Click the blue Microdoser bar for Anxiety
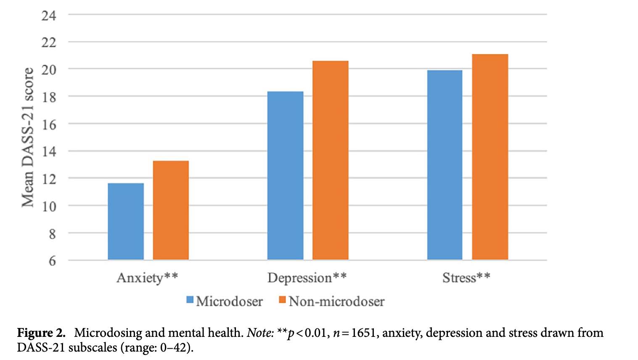126,222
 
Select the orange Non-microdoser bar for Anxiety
171,210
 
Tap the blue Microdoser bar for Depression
285,176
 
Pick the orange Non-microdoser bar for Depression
330,160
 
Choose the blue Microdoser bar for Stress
445,165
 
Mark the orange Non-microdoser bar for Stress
490,157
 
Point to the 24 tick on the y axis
49,16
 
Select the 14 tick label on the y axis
49,151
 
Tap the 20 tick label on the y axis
49,69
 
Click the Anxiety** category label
147,278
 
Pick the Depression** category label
307,278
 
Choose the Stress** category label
466,278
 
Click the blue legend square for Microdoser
190,300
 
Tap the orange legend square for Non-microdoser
283,300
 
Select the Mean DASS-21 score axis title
28,138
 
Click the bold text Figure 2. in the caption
41,333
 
